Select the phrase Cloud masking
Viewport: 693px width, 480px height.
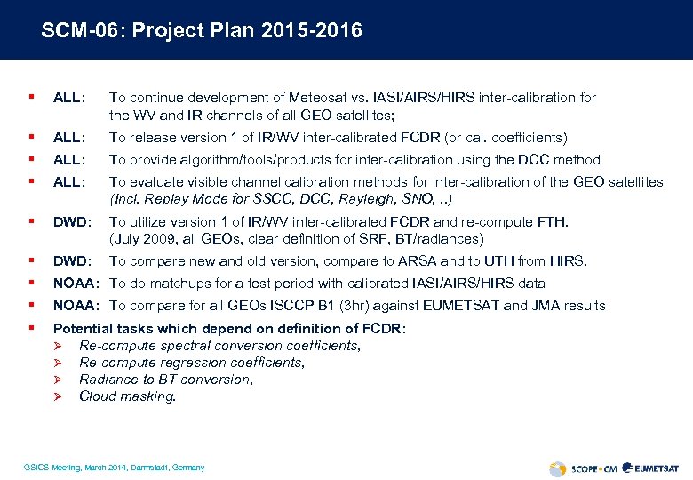(x=127, y=396)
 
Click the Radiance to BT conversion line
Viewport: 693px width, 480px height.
(x=165, y=380)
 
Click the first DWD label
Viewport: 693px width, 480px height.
(x=69, y=221)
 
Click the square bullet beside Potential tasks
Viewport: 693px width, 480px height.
(x=32, y=328)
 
